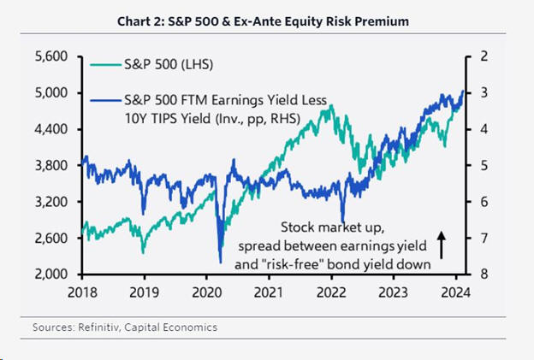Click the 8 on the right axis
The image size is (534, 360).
pyautogui.click(x=484, y=274)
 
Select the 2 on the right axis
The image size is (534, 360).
pyautogui.click(x=484, y=56)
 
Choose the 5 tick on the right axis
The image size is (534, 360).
pyautogui.click(x=484, y=165)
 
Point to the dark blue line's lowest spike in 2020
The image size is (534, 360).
pyautogui.click(x=220, y=261)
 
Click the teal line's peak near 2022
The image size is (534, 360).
pyautogui.click(x=330, y=106)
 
